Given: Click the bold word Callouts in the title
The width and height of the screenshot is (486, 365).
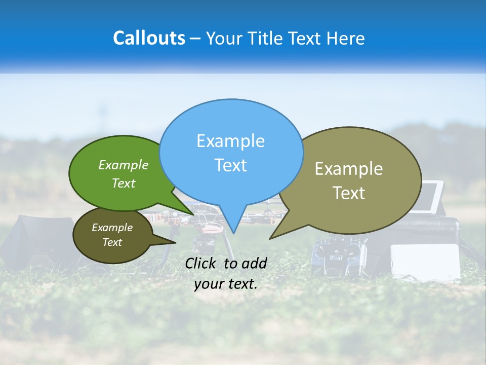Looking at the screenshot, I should (x=149, y=38).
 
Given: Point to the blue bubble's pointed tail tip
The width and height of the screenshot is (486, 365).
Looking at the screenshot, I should (x=233, y=233).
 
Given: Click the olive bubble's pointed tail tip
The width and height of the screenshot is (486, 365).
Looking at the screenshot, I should (x=270, y=238).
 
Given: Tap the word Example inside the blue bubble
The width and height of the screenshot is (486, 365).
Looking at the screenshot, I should (x=230, y=141).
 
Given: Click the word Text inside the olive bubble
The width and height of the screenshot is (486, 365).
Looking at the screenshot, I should (x=349, y=193).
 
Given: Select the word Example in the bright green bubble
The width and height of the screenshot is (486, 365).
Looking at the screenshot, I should (x=124, y=165).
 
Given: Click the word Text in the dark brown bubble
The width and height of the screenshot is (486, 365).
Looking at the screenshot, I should (x=112, y=242).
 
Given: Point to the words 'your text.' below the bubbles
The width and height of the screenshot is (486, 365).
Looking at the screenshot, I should (x=225, y=284).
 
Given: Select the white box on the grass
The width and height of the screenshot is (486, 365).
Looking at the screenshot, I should (x=425, y=261).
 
